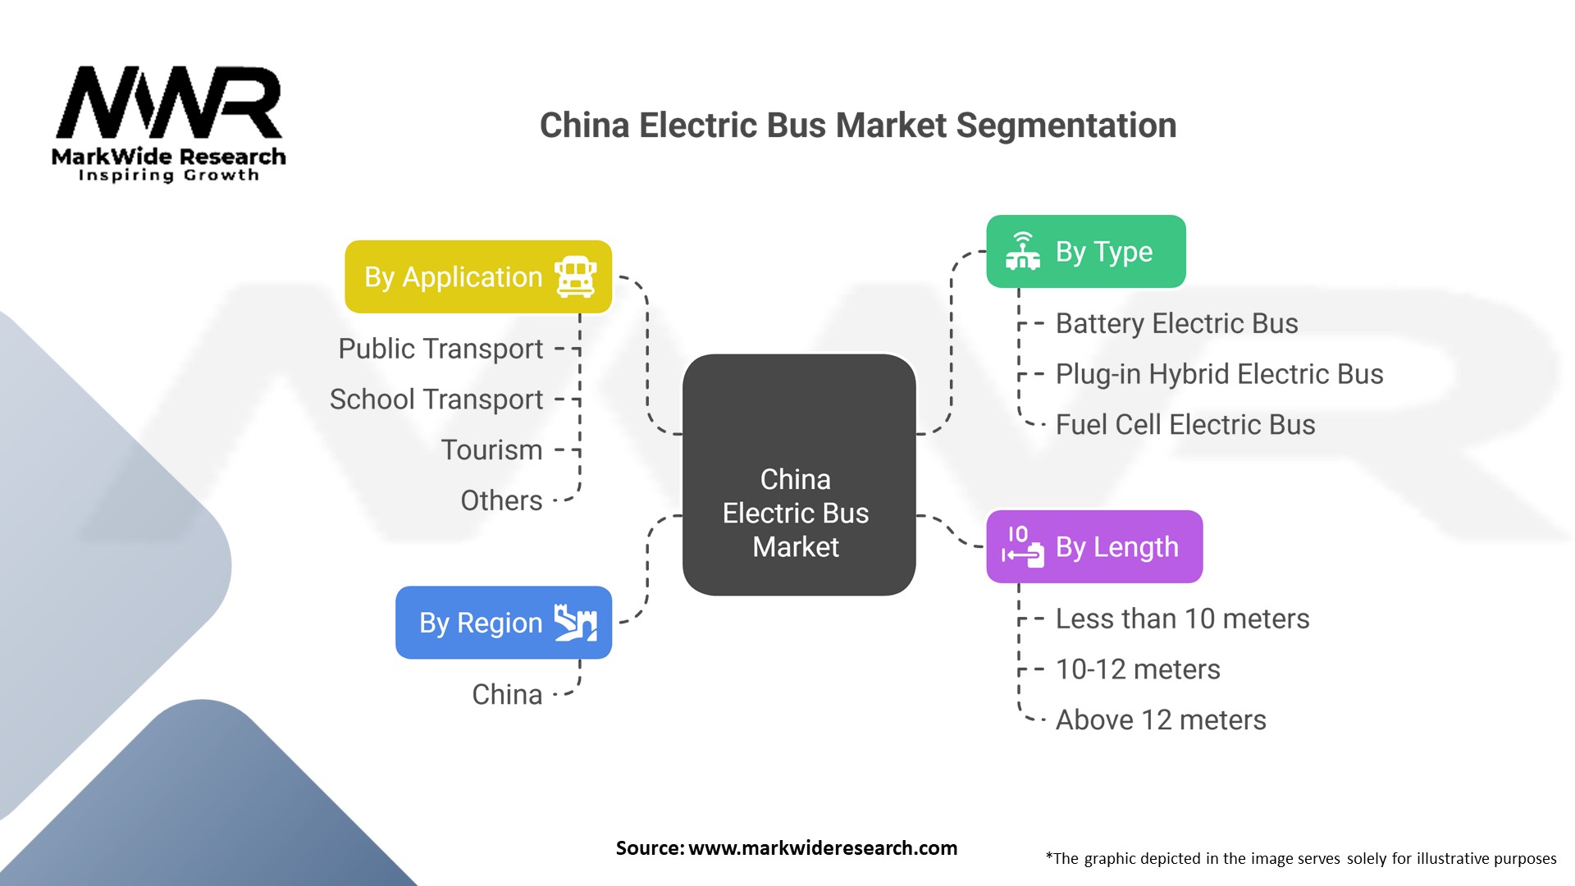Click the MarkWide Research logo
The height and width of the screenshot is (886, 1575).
click(x=169, y=124)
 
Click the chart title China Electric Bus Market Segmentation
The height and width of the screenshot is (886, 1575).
click(x=858, y=126)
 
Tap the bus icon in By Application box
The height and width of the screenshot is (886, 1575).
click(x=576, y=276)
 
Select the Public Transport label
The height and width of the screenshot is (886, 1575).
click(x=441, y=349)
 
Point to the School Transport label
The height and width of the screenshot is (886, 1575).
click(x=436, y=400)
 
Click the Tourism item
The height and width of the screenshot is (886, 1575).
click(x=491, y=450)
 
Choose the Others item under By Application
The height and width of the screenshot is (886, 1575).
click(x=501, y=500)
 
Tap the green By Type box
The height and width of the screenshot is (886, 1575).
click(x=1085, y=252)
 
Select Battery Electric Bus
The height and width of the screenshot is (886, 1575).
click(x=1176, y=323)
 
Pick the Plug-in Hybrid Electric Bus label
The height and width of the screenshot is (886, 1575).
click(x=1219, y=374)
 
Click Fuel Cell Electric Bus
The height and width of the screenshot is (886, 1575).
click(x=1185, y=425)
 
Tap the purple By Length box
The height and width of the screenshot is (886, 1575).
click(x=1094, y=546)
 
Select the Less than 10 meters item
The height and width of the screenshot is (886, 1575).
click(x=1182, y=619)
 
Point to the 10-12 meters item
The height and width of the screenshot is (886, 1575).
click(x=1138, y=669)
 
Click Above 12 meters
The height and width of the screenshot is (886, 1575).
click(x=1161, y=720)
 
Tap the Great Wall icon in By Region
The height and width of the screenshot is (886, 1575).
click(x=576, y=623)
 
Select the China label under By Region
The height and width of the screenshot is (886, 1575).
click(x=507, y=695)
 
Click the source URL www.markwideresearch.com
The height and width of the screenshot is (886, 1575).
click(x=822, y=848)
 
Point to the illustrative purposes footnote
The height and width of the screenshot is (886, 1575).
click(x=1301, y=859)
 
